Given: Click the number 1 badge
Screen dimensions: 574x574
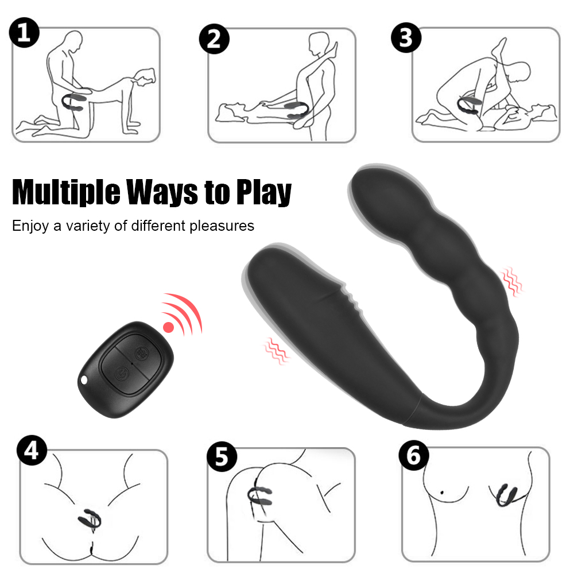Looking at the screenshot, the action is click(24, 33).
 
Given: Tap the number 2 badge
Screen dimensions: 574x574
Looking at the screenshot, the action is click(214, 39).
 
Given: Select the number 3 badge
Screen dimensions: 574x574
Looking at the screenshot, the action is click(406, 37).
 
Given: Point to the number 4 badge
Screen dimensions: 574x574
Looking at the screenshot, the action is click(32, 450).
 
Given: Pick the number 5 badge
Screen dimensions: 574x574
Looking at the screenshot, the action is click(222, 456).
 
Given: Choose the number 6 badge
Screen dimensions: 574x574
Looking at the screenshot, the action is click(414, 455).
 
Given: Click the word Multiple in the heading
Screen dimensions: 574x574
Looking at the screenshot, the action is click(66, 192).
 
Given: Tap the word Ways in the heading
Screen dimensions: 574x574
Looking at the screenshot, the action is click(162, 192).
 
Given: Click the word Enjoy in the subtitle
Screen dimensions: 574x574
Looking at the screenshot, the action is click(30, 226).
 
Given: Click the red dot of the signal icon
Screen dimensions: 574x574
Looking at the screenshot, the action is click(168, 327).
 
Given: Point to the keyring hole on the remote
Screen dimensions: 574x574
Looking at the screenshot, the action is click(84, 381).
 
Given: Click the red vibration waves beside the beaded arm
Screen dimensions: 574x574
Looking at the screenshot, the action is click(511, 281).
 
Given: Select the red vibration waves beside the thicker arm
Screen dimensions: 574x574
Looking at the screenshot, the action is click(276, 351).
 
